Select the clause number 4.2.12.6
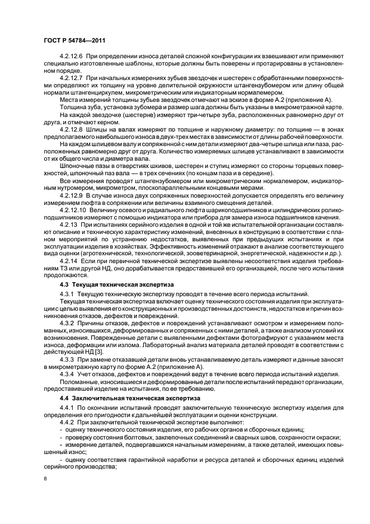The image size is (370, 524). click(x=71, y=58)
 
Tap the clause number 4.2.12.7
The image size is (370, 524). click(x=71, y=78)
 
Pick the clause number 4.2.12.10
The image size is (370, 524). click(x=72, y=208)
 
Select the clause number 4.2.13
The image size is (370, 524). click(x=68, y=224)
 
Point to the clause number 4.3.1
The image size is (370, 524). click(x=66, y=294)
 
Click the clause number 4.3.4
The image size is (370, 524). click(x=66, y=373)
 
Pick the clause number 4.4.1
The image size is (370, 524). click(x=66, y=407)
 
